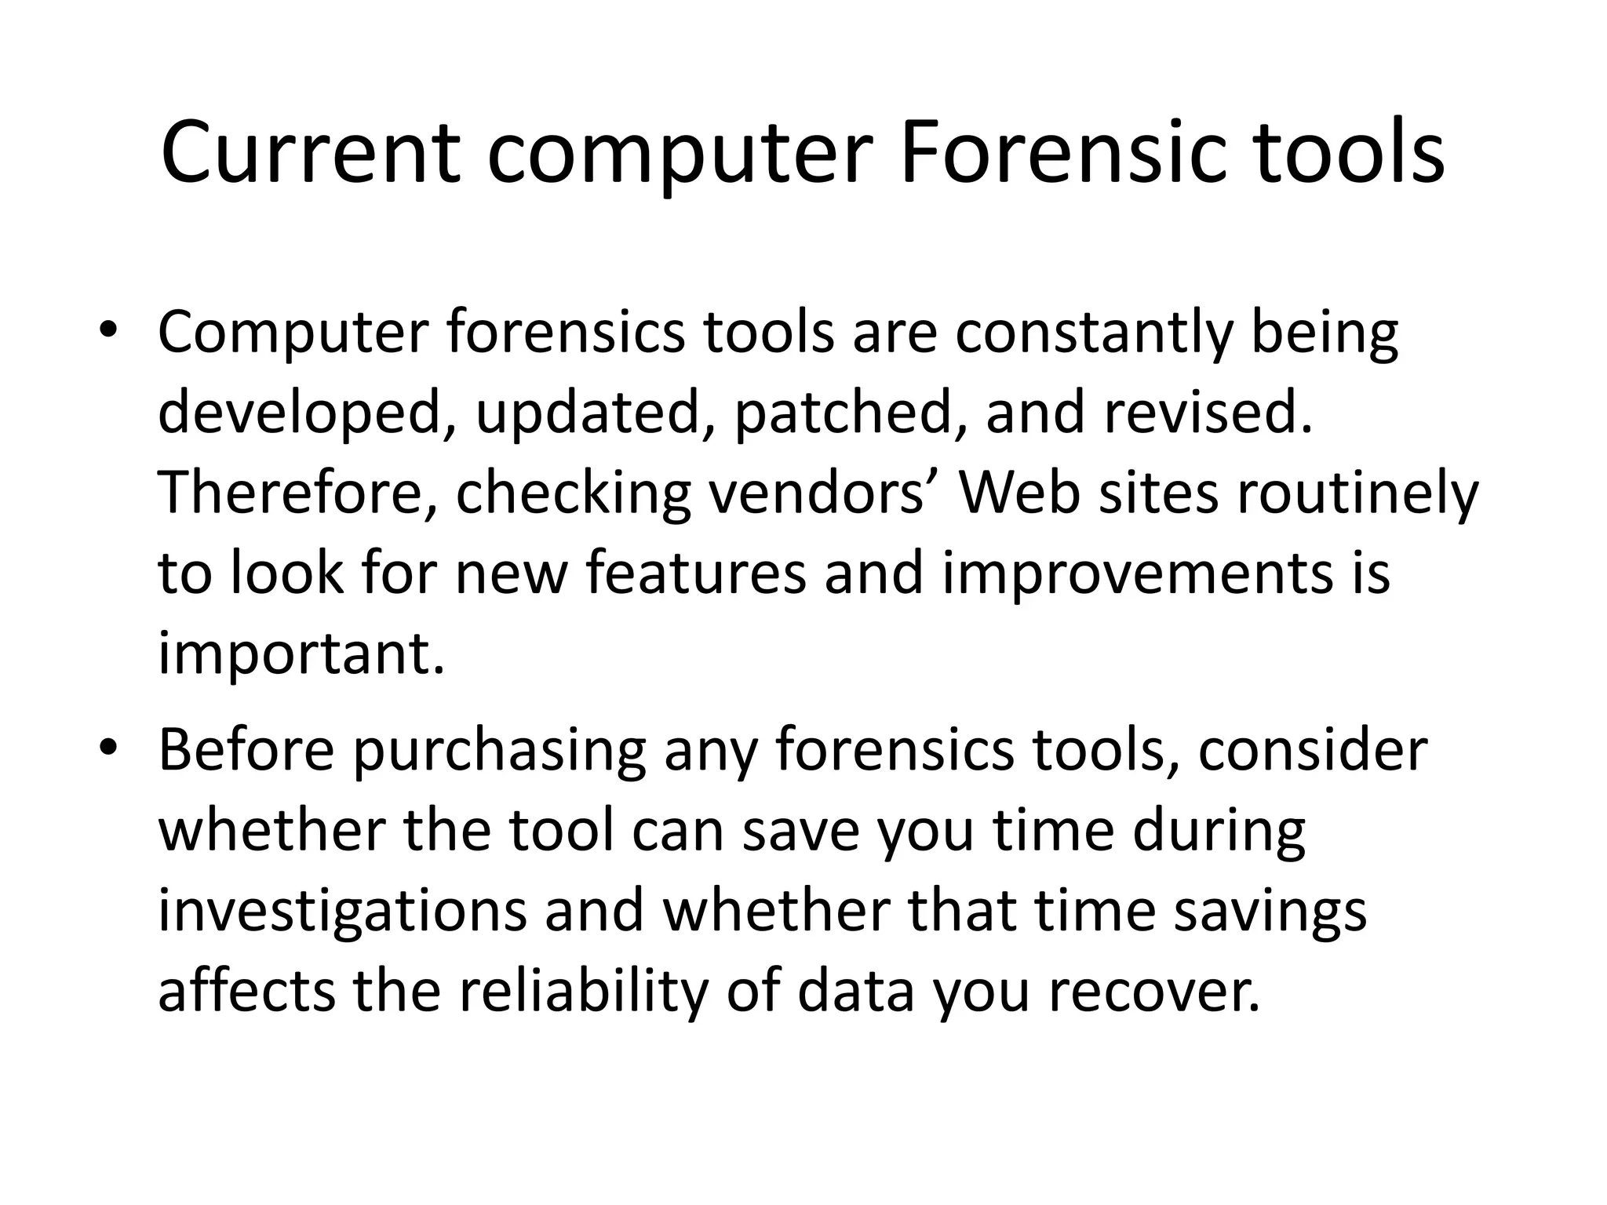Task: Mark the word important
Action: coord(301,655)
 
